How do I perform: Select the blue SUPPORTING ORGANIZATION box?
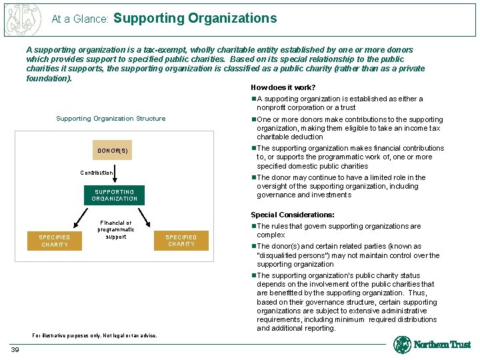[x=114, y=195]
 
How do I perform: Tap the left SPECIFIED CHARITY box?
[x=55, y=241]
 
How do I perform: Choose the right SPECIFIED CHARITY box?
[x=181, y=241]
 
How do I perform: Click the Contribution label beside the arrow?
[x=97, y=173]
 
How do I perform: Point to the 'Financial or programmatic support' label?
[x=115, y=230]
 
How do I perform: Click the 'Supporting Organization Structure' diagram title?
[x=111, y=119]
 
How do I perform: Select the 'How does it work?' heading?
[x=283, y=87]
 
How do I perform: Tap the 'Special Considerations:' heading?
[x=292, y=215]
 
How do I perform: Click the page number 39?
[x=15, y=350]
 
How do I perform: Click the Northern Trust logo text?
[x=442, y=345]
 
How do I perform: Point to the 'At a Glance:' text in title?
[x=80, y=19]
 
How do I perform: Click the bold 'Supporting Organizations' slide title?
[x=195, y=18]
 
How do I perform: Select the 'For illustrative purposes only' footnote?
[x=95, y=335]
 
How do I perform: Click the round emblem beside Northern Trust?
[x=402, y=345]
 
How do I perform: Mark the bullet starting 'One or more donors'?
[x=253, y=120]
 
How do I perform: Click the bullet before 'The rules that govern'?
[x=253, y=226]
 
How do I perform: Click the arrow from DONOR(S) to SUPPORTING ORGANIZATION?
[x=114, y=171]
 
